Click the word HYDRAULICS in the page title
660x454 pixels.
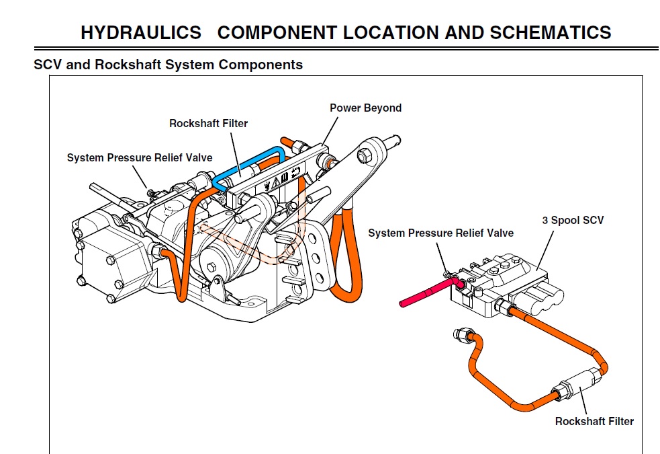point(141,32)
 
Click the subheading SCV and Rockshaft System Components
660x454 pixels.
point(168,65)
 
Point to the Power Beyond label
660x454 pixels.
point(365,108)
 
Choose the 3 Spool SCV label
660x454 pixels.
point(573,220)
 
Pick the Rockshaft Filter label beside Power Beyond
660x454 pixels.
point(208,123)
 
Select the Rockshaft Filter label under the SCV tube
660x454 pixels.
point(594,421)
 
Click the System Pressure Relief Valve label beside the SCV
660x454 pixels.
point(440,233)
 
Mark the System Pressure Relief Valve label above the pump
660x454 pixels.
point(139,157)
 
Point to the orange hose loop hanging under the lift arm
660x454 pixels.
point(346,262)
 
